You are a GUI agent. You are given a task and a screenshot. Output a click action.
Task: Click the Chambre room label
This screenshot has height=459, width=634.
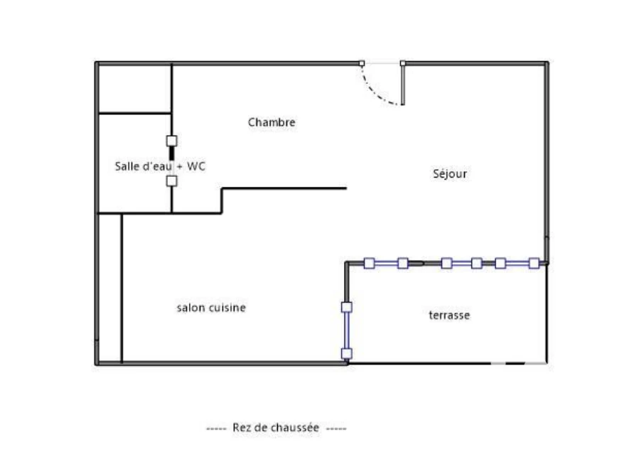pyautogui.click(x=272, y=122)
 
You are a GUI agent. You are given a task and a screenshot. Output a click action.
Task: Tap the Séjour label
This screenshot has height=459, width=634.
pyautogui.click(x=450, y=174)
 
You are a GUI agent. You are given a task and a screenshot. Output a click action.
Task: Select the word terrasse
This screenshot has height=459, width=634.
pyautogui.click(x=449, y=315)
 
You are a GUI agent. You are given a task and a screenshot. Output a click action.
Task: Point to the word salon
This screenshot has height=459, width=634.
pyautogui.click(x=191, y=308)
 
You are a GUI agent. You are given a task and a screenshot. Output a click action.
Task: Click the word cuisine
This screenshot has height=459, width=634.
pyautogui.click(x=227, y=308)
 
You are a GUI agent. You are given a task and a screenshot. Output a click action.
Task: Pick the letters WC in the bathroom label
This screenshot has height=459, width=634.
pyautogui.click(x=196, y=166)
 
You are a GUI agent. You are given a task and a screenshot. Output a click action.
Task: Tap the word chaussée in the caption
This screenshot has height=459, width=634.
pyautogui.click(x=296, y=428)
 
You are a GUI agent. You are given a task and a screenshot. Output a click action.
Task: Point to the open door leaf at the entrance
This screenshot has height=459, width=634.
pyautogui.click(x=403, y=85)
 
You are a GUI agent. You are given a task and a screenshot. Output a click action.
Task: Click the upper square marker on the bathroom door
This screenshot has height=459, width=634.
pyautogui.click(x=172, y=141)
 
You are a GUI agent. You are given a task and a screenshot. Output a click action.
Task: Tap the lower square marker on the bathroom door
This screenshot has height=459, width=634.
pyautogui.click(x=172, y=181)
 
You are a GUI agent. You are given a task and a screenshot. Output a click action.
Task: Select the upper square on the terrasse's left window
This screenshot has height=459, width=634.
pyautogui.click(x=347, y=307)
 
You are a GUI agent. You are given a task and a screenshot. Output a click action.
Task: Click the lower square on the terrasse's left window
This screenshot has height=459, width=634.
pyautogui.click(x=347, y=354)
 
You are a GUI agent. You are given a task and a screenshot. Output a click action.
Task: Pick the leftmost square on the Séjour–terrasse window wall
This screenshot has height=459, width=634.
pyautogui.click(x=369, y=264)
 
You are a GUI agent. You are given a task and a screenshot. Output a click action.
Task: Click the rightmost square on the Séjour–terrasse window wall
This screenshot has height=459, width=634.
pyautogui.click(x=534, y=264)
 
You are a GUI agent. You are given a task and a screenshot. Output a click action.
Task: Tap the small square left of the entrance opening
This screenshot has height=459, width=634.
pyautogui.click(x=362, y=63)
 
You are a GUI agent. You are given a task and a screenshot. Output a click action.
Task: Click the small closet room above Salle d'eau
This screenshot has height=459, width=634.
pyautogui.click(x=135, y=89)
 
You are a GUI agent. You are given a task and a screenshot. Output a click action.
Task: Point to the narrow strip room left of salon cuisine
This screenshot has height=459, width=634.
pyautogui.click(x=110, y=288)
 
